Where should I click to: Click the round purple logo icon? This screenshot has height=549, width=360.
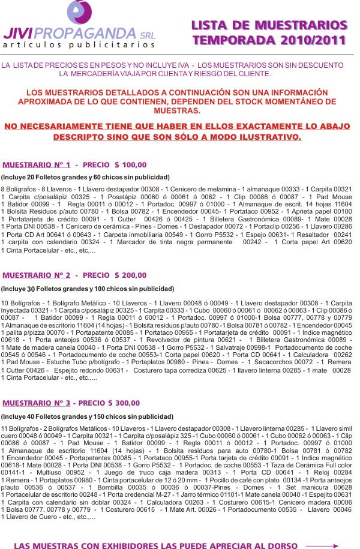(80, 13)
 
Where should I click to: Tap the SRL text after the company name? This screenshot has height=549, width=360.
(145, 35)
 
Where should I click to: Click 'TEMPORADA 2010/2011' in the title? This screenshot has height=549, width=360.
(269, 40)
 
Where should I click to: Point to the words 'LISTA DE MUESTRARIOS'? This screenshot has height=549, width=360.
(269, 25)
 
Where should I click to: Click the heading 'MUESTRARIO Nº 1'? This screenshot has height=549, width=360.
(36, 164)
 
